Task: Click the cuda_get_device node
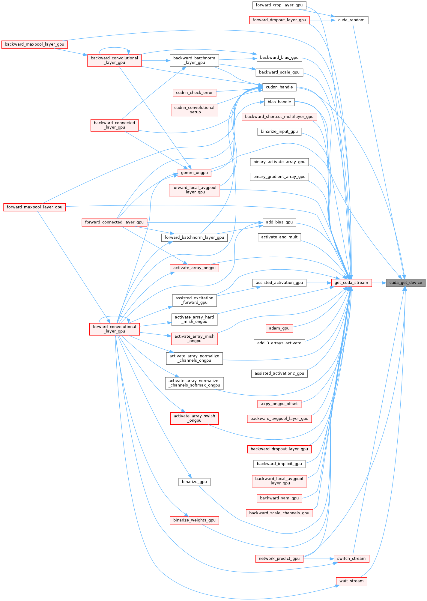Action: tap(405, 283)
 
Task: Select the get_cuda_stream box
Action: tap(351, 283)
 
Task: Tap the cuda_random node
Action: tap(351, 20)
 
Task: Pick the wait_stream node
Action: tap(351, 581)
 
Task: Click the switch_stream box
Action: tap(351, 558)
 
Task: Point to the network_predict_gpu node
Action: tap(279, 558)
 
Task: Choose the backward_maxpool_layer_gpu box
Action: tap(34, 44)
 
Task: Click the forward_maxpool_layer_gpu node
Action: tap(34, 207)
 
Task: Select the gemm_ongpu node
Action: tap(194, 173)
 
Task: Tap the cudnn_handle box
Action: tap(279, 87)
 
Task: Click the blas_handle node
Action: tap(279, 102)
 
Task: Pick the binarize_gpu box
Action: tap(194, 482)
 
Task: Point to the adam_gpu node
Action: tap(279, 328)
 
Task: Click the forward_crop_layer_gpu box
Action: tap(279, 5)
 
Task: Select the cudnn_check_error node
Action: tap(194, 93)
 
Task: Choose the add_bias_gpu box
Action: tap(279, 222)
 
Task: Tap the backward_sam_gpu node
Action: tap(279, 498)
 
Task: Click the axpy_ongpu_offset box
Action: tap(279, 404)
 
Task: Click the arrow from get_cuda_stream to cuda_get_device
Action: tap(379, 283)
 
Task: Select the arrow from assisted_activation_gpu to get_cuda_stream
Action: tap(318, 283)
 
